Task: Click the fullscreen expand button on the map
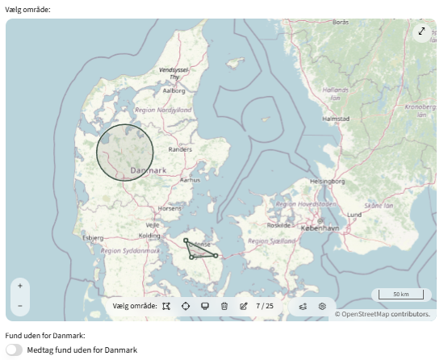(x=421, y=31)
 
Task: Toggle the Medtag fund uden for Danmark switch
(x=14, y=350)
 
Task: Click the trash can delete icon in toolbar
(x=224, y=306)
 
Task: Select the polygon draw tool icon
(x=165, y=306)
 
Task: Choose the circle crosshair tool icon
(x=186, y=306)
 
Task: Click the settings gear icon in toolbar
(x=322, y=306)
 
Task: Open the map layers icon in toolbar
(x=303, y=306)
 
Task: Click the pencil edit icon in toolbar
(x=244, y=306)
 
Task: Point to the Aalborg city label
(x=174, y=91)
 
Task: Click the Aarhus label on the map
(x=190, y=180)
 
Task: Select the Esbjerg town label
(x=94, y=238)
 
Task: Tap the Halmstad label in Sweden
(x=334, y=118)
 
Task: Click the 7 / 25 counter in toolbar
(x=265, y=306)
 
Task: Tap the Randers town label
(x=180, y=149)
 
